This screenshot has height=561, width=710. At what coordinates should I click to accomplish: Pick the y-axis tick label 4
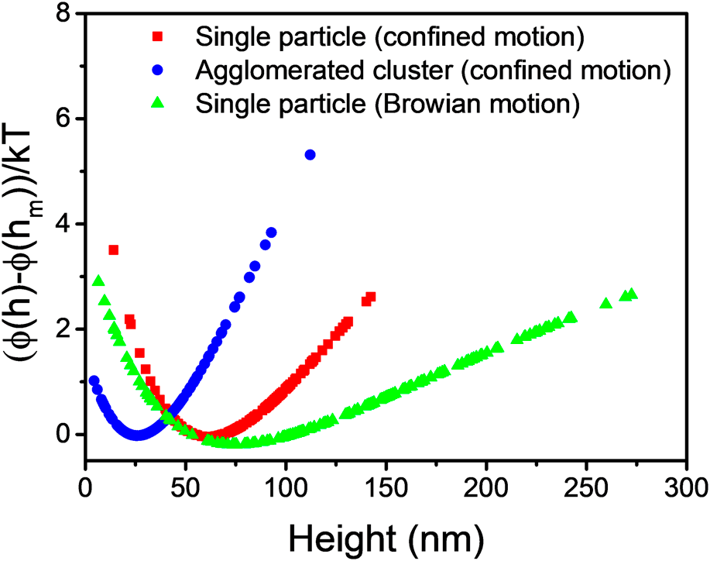[65, 224]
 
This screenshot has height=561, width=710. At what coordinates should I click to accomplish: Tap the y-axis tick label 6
[65, 119]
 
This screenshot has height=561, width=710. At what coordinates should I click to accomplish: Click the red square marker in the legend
[159, 36]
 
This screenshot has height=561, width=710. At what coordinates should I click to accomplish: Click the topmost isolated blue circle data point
[310, 155]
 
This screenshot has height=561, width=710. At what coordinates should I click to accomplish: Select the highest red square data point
[114, 250]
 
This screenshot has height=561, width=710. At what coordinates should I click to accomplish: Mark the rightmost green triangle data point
[633, 294]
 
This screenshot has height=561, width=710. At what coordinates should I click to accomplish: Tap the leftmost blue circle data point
[94, 380]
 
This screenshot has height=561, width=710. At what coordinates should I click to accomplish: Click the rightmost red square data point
[371, 297]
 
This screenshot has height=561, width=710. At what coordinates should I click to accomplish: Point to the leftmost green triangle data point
[98, 280]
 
